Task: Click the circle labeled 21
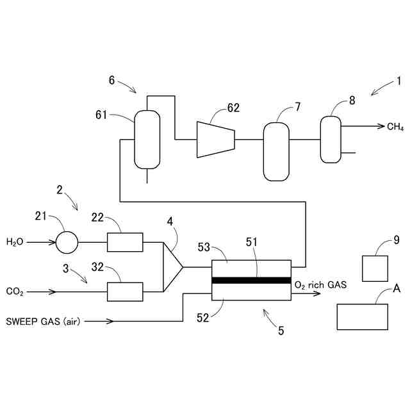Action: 67,242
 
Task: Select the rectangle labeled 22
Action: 124,242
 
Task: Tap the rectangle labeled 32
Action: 124,291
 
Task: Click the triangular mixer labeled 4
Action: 172,266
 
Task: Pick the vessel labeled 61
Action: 147,138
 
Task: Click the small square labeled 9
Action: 375,268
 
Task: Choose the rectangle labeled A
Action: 362,316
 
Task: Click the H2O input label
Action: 15,242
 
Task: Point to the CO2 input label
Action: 15,292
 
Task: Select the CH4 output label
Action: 395,127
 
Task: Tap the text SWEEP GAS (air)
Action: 42,320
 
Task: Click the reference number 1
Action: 398,81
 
